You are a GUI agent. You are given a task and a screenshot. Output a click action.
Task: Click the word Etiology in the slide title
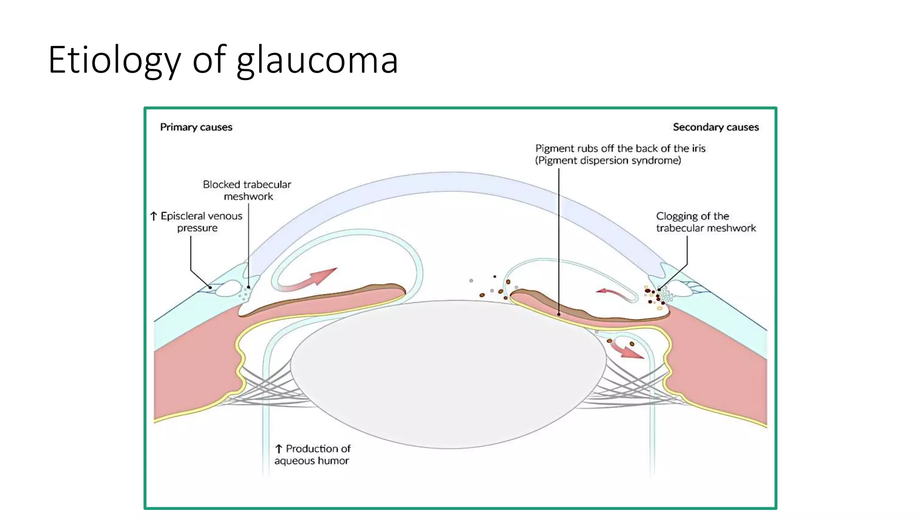tap(114, 60)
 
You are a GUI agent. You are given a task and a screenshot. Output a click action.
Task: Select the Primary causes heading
tap(196, 127)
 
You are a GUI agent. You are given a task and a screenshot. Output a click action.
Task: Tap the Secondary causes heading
tap(715, 127)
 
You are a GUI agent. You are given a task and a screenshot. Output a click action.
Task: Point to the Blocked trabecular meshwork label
tap(247, 190)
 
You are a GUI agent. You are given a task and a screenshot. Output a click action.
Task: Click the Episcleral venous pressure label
tap(201, 222)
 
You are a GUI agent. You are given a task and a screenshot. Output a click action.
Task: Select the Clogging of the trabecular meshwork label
tap(705, 222)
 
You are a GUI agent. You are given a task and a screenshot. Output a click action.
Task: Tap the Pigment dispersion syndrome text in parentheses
tap(608, 161)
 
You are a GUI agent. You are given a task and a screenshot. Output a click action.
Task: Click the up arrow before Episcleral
tap(154, 216)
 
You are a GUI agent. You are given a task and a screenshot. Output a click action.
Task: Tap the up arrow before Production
tap(279, 449)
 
